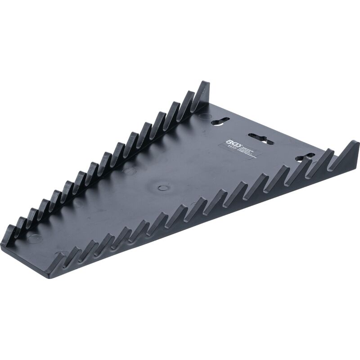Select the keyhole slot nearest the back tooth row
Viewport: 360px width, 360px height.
[x=222, y=120]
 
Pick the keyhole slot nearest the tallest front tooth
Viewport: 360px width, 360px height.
[x=305, y=157]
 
